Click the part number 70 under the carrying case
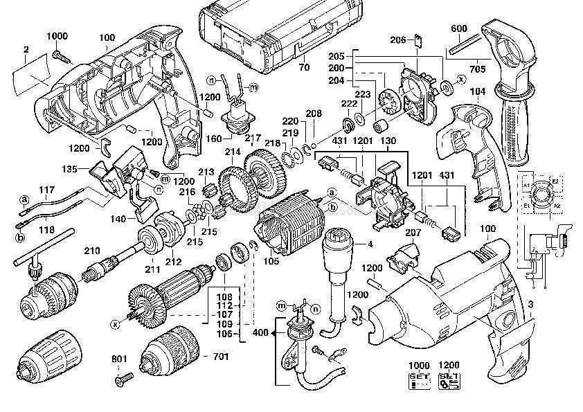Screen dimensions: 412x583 pos(303,69)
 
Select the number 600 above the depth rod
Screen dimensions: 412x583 pos(459,28)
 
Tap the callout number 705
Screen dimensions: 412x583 pos(478,69)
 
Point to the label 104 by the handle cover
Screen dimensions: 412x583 pos(476,91)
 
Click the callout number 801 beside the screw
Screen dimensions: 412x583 pos(119,359)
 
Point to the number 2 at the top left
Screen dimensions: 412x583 pos(25,49)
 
